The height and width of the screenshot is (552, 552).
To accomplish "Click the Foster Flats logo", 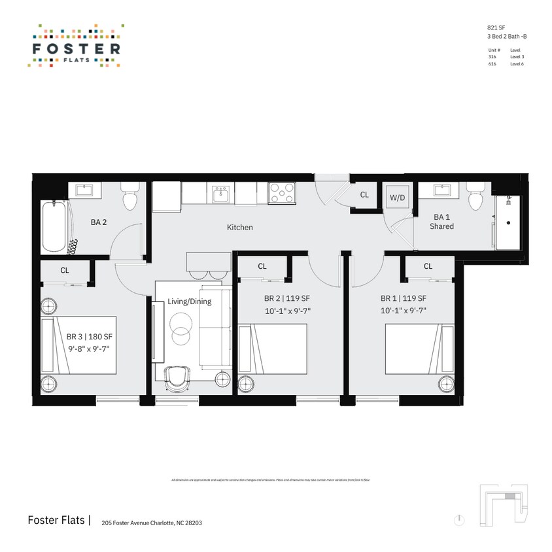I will [x=76, y=46].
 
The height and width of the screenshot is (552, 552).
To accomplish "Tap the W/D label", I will [x=397, y=197].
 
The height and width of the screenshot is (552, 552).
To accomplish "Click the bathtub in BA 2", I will [x=54, y=227].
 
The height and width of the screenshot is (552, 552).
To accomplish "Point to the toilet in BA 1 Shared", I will [x=475, y=194].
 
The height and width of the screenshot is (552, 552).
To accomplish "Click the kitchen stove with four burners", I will [x=282, y=193].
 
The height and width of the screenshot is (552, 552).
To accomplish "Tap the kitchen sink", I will [x=221, y=194].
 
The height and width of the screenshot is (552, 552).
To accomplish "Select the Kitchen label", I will [x=239, y=228].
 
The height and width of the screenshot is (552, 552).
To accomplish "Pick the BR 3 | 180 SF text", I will [x=90, y=337].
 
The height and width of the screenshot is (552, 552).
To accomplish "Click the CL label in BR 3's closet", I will [x=65, y=269].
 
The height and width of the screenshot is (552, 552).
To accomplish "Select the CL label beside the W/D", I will [x=364, y=195].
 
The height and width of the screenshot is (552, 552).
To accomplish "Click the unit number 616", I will [x=492, y=64].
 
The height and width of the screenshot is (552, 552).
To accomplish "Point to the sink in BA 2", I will [x=85, y=190].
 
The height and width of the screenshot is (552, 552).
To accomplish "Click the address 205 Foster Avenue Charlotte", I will [x=147, y=523].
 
